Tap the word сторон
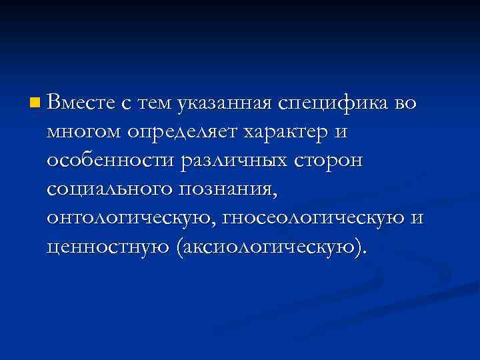point(331,162)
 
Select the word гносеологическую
point(317,219)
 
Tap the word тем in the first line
point(155,103)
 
